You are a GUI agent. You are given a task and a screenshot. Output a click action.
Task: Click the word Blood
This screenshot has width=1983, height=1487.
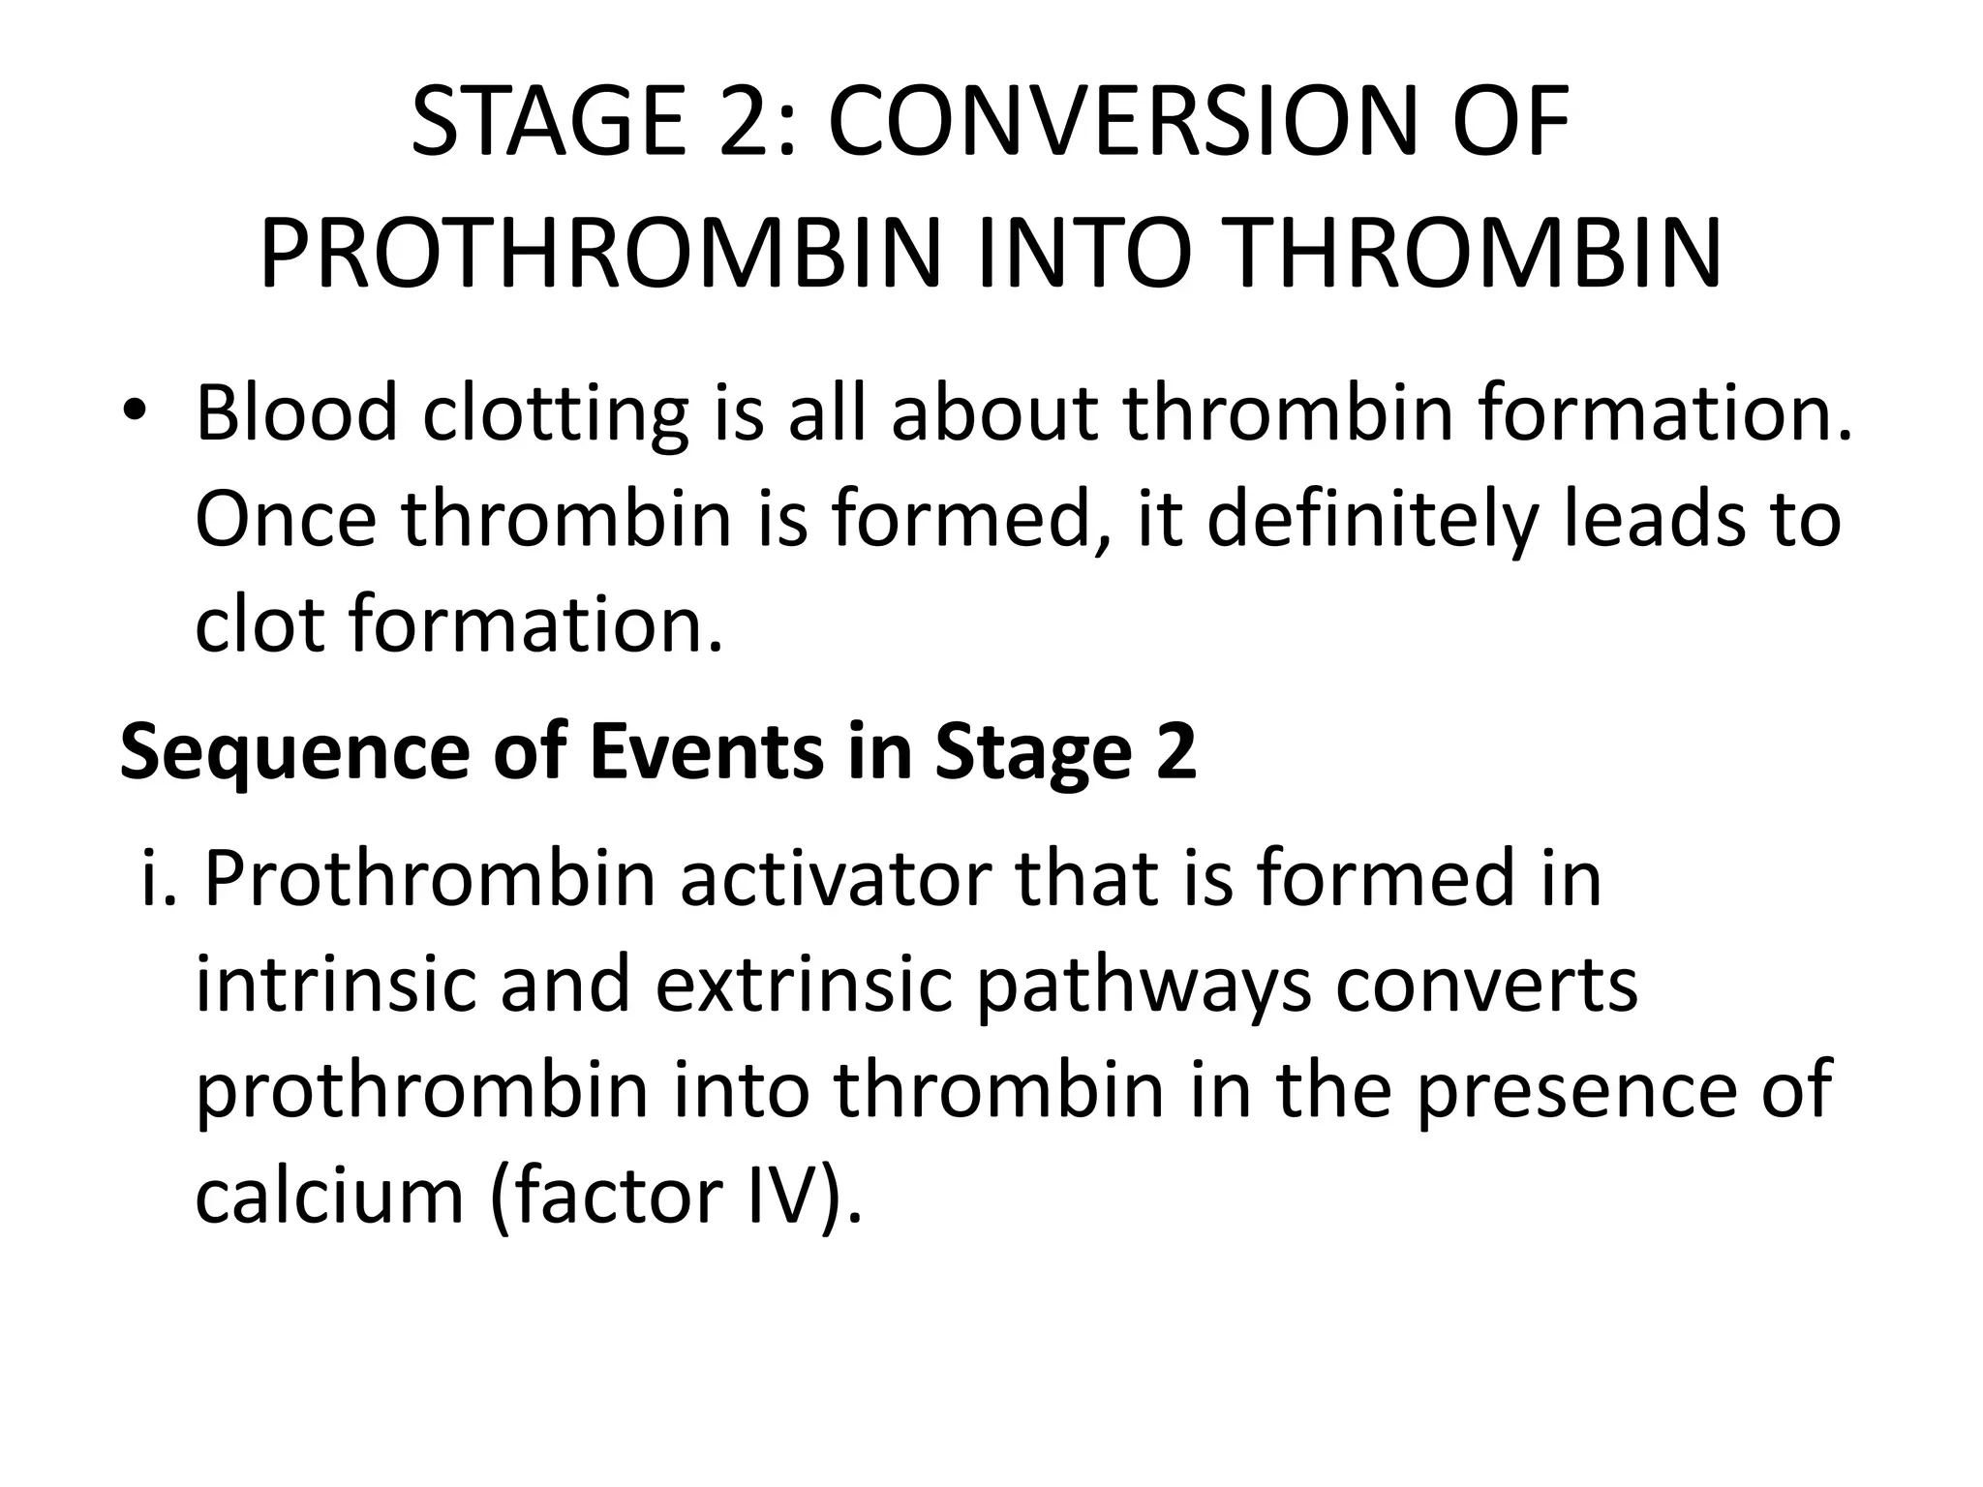coord(296,413)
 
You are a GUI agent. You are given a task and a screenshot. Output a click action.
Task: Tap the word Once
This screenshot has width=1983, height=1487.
coord(285,519)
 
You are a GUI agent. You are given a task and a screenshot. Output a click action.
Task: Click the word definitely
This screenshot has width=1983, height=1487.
coord(1372,521)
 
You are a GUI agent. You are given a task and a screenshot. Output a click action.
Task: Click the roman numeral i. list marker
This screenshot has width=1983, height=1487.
coord(160,879)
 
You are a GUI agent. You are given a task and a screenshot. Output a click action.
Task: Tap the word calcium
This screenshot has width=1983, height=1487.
coord(329,1197)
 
